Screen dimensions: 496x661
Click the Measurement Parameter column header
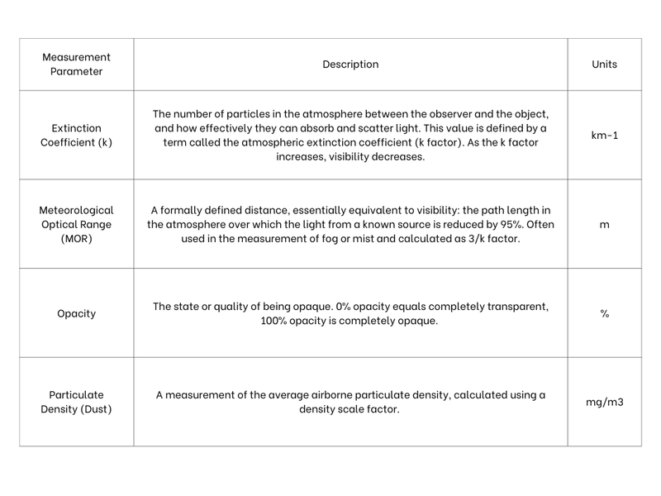click(x=76, y=64)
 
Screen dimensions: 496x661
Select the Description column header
click(x=350, y=64)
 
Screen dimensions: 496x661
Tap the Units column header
click(x=604, y=64)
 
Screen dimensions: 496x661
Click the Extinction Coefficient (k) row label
click(x=76, y=135)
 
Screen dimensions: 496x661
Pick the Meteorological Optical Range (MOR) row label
click(x=76, y=224)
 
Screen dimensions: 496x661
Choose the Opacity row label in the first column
click(x=76, y=313)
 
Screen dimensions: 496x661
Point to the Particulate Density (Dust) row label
click(x=76, y=402)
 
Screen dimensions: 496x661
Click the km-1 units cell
click(x=604, y=135)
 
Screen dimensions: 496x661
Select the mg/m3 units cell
click(x=604, y=402)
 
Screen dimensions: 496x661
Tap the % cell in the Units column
click(x=604, y=313)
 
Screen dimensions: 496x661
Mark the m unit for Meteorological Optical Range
click(x=604, y=224)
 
